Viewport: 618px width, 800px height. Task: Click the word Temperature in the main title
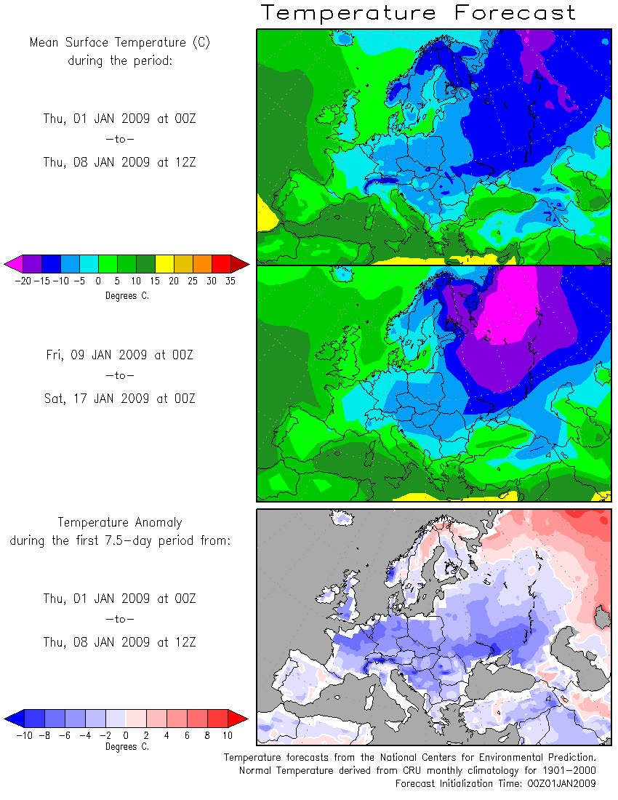click(x=349, y=12)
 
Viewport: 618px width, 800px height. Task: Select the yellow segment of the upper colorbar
click(x=164, y=263)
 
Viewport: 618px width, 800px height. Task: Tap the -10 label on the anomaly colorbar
click(x=23, y=735)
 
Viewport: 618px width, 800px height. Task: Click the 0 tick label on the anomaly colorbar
click(x=126, y=735)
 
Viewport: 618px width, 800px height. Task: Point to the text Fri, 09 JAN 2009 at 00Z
click(x=119, y=355)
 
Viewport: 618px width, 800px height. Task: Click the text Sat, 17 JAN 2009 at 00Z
click(x=119, y=399)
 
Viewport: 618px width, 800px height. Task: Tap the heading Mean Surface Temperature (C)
click(x=119, y=42)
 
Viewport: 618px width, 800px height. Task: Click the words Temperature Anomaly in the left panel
click(x=120, y=522)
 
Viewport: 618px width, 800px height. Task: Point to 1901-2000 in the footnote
click(x=568, y=770)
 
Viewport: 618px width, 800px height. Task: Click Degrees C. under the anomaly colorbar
click(x=127, y=746)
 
